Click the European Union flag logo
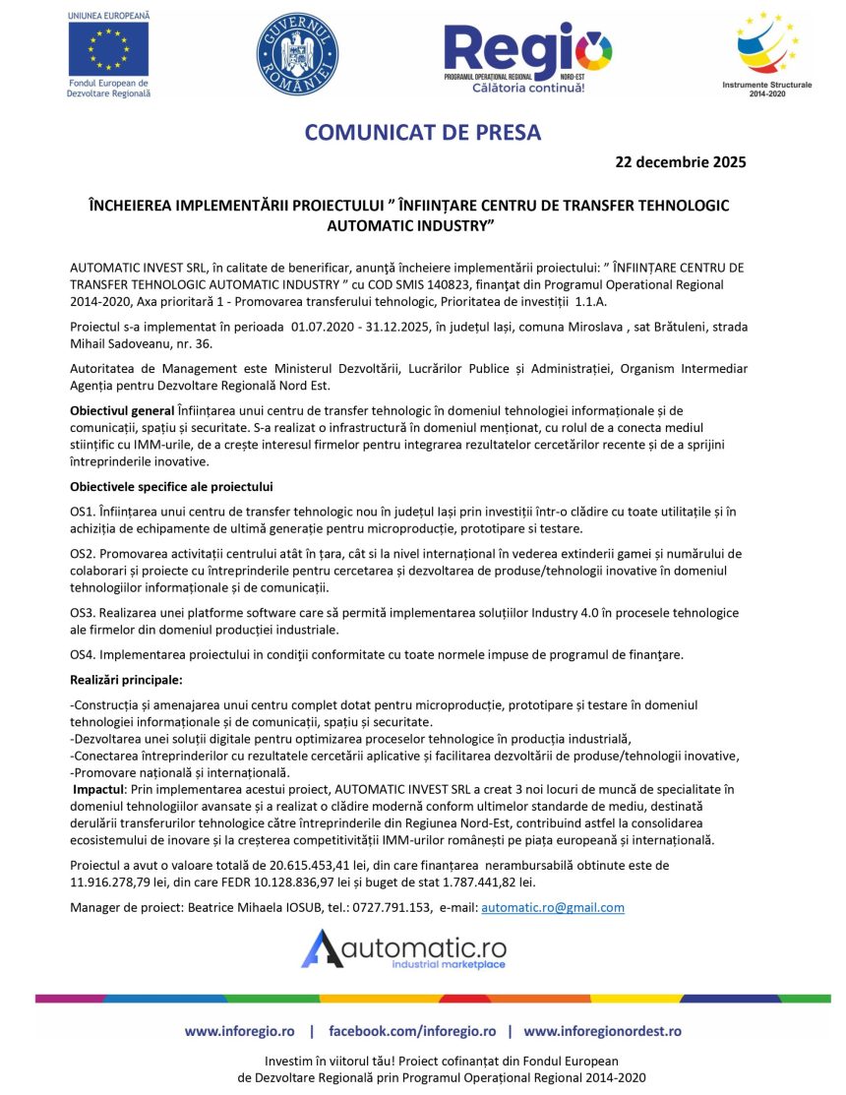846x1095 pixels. click(x=109, y=48)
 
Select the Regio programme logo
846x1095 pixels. click(x=527, y=55)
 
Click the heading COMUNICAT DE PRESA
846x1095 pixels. click(x=423, y=132)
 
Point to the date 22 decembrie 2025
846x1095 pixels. click(x=680, y=162)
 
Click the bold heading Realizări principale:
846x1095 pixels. click(x=126, y=680)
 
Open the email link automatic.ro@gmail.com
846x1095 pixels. click(x=552, y=907)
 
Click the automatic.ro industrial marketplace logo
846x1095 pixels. click(x=404, y=950)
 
